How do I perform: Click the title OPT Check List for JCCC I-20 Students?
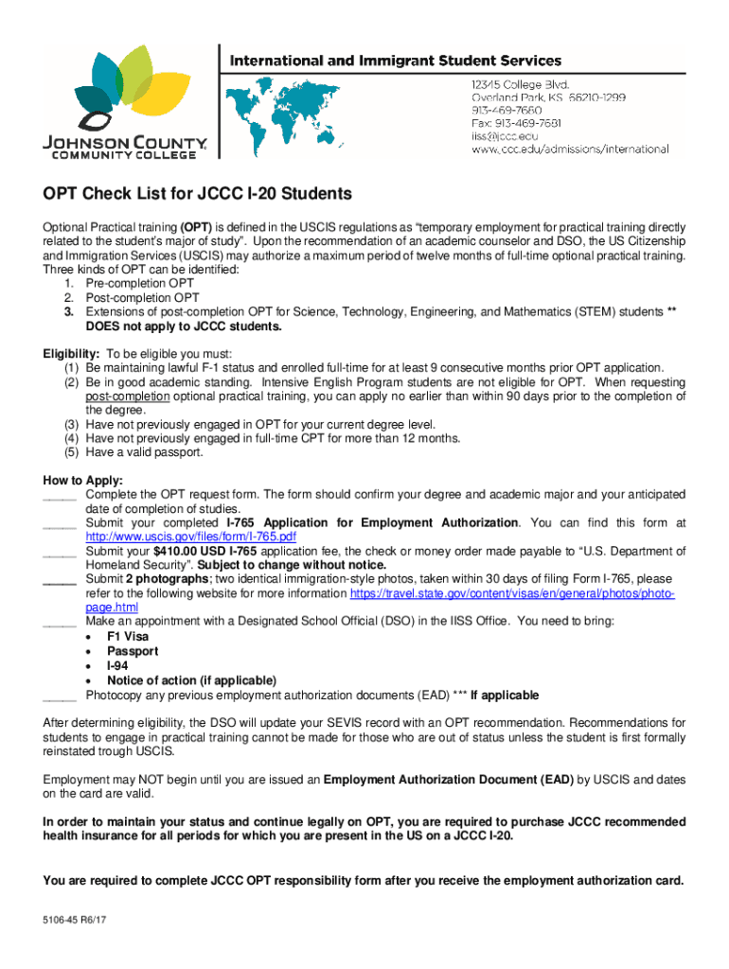pos(197,194)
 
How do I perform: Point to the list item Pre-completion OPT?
pos(140,283)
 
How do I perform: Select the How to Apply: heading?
pos(83,480)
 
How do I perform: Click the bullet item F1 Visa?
pos(128,637)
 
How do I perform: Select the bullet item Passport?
pos(133,651)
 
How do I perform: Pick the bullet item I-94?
pos(117,666)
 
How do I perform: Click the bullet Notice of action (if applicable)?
pos(191,680)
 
